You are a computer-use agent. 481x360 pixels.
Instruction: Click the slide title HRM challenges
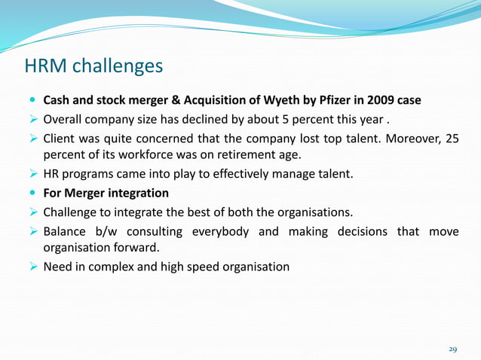point(93,67)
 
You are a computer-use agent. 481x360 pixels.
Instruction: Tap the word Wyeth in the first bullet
point(304,100)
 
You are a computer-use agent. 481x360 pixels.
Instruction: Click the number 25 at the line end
point(450,138)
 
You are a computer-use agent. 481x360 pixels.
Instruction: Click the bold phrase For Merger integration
point(106,193)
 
